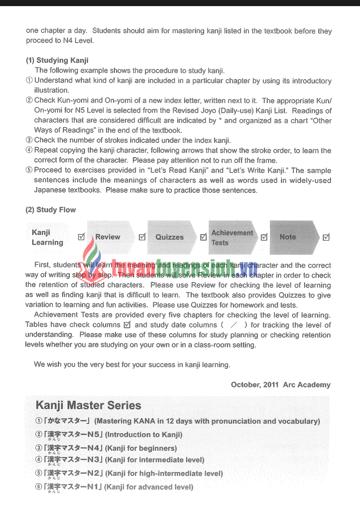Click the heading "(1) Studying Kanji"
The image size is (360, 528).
tap(57, 60)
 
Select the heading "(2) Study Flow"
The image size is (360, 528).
tap(50, 210)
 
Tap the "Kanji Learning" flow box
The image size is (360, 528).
tap(47, 237)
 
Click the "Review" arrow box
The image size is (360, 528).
tap(108, 237)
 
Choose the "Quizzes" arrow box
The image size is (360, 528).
tap(169, 237)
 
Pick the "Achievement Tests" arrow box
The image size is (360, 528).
tap(232, 238)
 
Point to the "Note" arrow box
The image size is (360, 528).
tap(288, 237)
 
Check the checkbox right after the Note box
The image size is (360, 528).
tap(326, 237)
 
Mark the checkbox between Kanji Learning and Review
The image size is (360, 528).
tap(81, 237)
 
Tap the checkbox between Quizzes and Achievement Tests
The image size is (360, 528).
tap(203, 237)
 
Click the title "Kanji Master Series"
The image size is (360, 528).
tap(88, 405)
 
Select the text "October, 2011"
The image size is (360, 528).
tap(255, 385)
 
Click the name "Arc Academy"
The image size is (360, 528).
tap(306, 385)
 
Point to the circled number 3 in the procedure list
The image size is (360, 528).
tap(29, 140)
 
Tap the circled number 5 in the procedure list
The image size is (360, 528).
tap(29, 170)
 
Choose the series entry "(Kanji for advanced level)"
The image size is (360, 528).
tap(149, 487)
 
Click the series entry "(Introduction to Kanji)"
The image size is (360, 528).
tap(144, 435)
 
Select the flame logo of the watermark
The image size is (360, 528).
tap(92, 252)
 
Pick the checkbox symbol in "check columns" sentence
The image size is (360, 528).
tap(127, 325)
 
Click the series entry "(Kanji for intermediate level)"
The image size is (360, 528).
tap(155, 460)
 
